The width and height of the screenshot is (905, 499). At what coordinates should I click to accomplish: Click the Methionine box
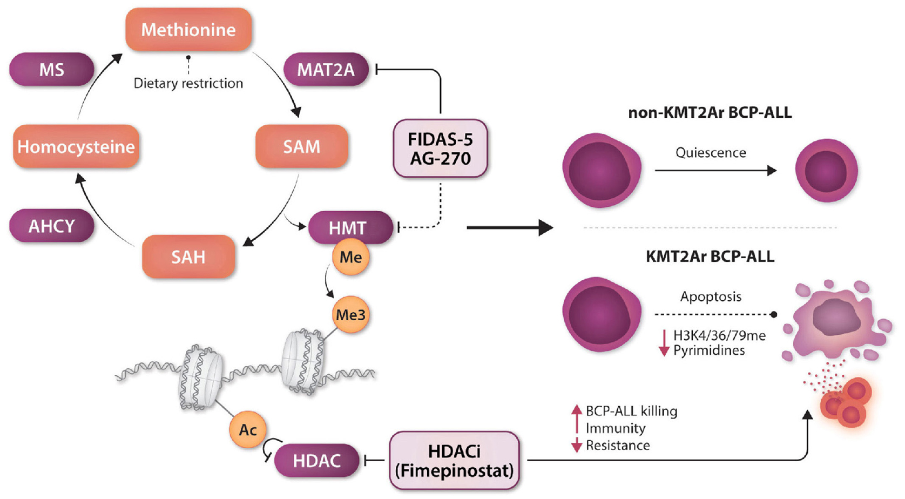coord(188,30)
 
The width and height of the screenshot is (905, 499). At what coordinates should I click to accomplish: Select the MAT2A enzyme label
coord(326,70)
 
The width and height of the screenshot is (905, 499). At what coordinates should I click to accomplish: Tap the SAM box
coord(301,146)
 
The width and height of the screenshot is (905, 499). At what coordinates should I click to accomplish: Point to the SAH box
coord(188,257)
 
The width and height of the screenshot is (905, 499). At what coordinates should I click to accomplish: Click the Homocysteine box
coord(76,146)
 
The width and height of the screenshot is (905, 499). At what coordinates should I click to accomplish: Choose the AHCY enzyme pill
coord(52,226)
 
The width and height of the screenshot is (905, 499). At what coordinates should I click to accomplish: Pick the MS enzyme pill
coord(52,70)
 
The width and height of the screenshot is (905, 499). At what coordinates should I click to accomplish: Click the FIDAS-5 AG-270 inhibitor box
coord(440,149)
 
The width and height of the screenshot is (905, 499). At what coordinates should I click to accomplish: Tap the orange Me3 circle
coord(350,314)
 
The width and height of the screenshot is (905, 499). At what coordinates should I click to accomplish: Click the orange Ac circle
coord(248,430)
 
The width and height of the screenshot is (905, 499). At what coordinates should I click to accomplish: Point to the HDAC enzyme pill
coord(316,461)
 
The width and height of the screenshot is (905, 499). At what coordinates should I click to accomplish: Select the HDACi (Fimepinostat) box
coord(454,461)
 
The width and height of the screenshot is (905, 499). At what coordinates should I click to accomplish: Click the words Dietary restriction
coord(188,83)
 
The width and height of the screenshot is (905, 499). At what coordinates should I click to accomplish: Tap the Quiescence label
coord(711,153)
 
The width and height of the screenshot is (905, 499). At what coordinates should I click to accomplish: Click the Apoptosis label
coord(711,296)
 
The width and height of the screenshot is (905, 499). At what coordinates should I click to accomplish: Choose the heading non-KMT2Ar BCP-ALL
coord(710,113)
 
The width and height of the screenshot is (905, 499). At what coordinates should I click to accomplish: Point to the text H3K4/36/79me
coord(719,335)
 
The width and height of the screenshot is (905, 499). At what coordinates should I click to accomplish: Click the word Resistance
coord(618,446)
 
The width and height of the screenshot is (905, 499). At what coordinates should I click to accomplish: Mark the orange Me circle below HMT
coord(350,257)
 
